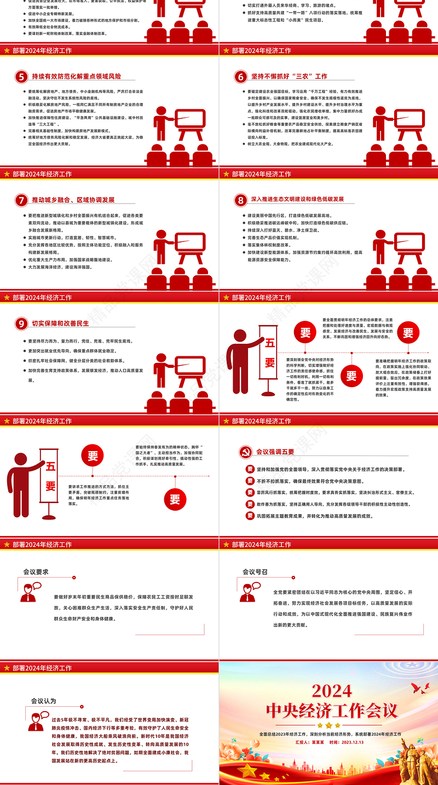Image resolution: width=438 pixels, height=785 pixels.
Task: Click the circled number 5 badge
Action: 21,77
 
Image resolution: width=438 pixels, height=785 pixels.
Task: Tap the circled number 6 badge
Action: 240,77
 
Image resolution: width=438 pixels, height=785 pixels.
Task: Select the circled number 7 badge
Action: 21,200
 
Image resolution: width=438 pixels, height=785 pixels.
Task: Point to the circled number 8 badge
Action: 240,200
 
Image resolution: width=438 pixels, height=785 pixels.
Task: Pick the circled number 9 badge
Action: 21,324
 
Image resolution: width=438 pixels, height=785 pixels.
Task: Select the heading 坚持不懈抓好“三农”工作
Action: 289,77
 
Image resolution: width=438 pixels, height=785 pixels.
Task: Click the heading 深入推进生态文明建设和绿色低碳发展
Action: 297,200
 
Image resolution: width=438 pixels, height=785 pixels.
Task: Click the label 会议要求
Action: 36,572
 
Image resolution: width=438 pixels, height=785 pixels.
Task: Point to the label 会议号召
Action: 255,572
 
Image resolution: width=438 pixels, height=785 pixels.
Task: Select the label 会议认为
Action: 43,701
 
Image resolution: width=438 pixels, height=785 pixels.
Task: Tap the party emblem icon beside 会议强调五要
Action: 245,452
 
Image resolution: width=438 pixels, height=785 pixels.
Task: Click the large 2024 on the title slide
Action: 331,690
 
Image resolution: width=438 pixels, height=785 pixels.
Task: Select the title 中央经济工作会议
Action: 331,711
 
